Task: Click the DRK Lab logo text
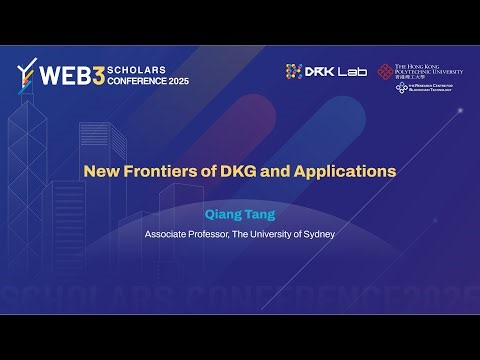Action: pos(336,71)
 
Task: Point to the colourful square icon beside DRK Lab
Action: pos(294,71)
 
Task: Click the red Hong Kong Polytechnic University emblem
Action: pos(386,71)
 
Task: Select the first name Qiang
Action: pos(220,213)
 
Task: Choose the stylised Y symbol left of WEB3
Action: pos(27,73)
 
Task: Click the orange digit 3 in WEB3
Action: pos(98,72)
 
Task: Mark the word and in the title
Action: pos(283,171)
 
